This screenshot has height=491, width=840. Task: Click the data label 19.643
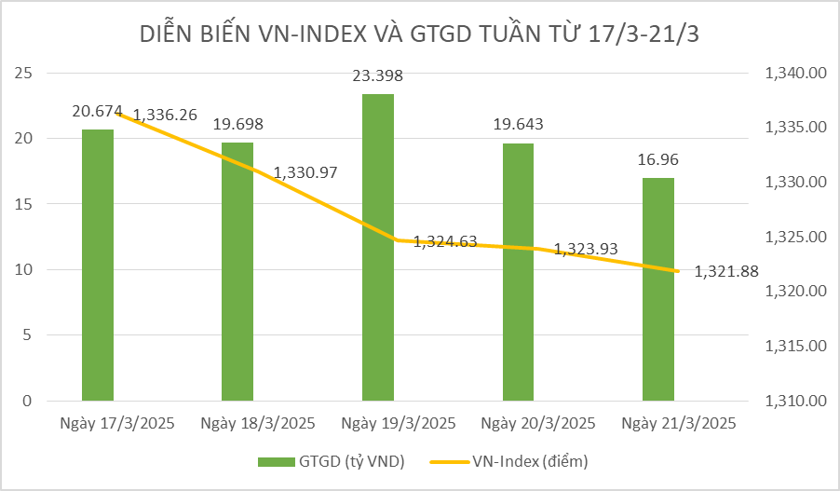pos(518,124)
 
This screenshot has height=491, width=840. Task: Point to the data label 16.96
pos(658,159)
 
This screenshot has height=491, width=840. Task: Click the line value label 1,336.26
pos(165,115)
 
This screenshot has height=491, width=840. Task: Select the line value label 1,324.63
pos(445,241)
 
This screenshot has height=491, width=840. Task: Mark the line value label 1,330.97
pos(305,172)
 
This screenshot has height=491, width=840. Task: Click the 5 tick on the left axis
pos(27,335)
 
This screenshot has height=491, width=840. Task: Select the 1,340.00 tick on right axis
pos(795,74)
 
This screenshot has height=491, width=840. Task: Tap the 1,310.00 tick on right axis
pos(795,402)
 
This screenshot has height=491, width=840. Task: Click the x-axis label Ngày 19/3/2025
pos(399,423)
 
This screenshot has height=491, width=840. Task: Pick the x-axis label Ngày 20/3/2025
pos(538,423)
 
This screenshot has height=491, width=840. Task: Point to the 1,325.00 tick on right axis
pos(795,238)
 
